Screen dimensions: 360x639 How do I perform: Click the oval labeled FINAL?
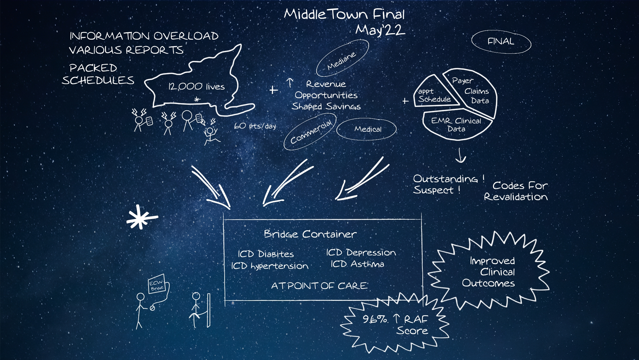(x=501, y=42)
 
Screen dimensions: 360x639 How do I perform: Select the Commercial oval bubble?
(x=310, y=132)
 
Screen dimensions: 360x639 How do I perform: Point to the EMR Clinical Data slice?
(x=456, y=125)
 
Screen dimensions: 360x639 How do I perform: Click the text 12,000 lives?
(x=196, y=87)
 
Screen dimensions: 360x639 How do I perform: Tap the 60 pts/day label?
(x=255, y=126)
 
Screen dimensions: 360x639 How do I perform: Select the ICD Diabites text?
(x=266, y=254)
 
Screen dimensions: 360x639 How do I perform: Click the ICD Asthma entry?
(x=357, y=264)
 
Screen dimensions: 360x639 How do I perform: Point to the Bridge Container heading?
(x=310, y=234)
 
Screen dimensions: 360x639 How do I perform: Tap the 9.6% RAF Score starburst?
(x=395, y=325)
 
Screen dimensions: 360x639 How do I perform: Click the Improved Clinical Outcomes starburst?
(x=489, y=272)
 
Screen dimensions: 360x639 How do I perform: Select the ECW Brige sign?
(x=157, y=284)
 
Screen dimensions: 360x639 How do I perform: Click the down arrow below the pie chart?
(x=460, y=155)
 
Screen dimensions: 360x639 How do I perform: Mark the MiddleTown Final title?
(x=344, y=14)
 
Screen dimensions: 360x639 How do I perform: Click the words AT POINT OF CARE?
(x=319, y=286)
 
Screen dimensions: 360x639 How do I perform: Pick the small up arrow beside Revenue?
(x=290, y=83)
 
